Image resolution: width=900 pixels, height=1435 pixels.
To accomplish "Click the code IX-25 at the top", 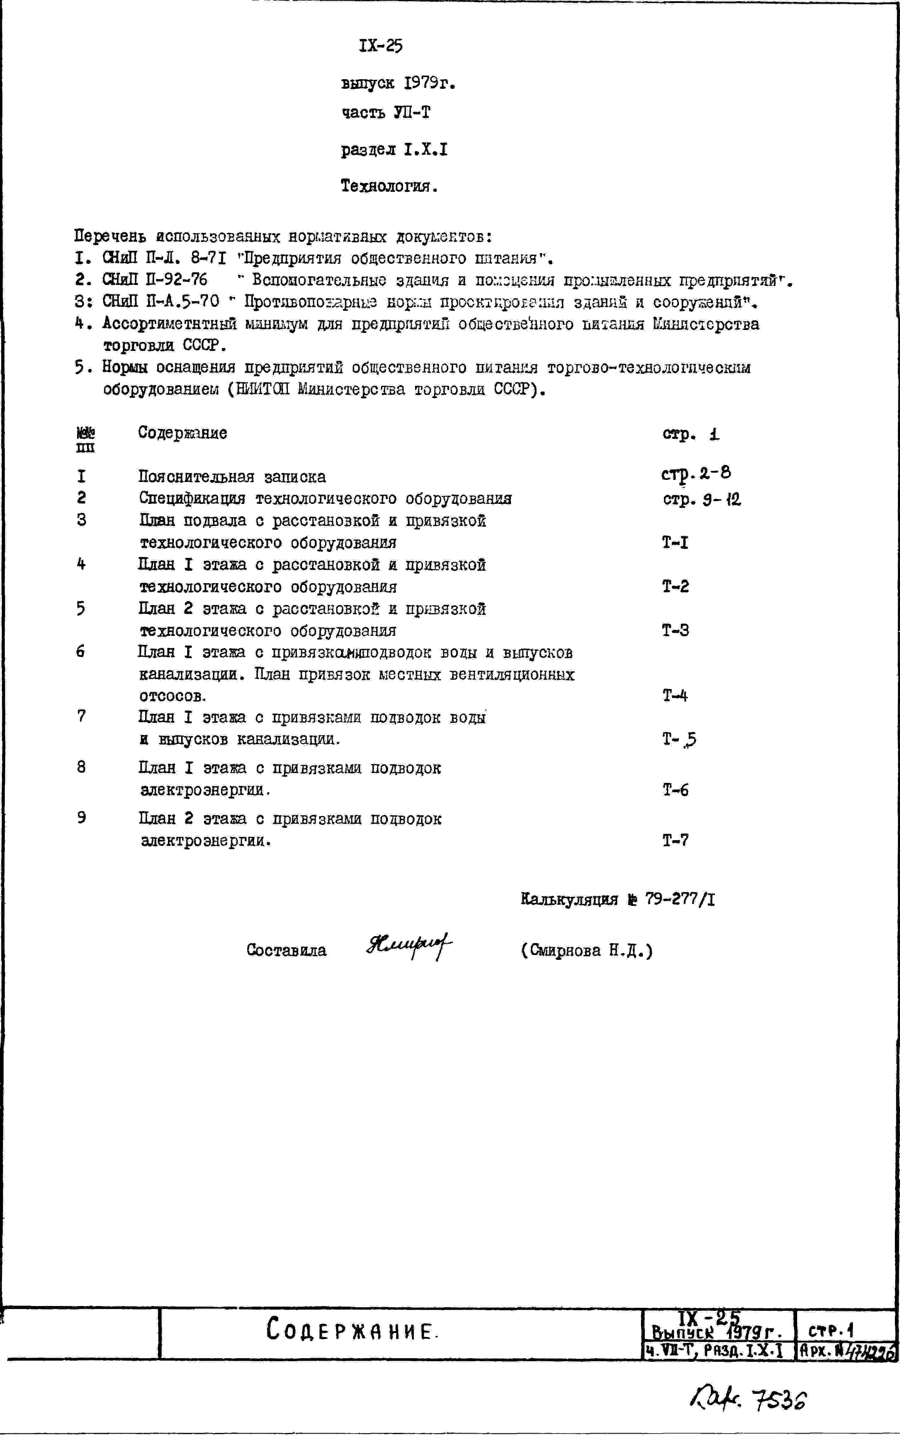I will click(381, 46).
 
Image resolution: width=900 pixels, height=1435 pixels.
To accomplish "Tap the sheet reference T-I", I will click(675, 542).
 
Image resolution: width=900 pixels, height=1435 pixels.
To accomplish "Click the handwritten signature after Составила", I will click(409, 947).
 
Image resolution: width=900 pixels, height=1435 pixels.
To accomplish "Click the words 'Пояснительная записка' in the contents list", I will click(232, 477).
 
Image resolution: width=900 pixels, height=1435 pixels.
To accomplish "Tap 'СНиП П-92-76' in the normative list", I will click(155, 280).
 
